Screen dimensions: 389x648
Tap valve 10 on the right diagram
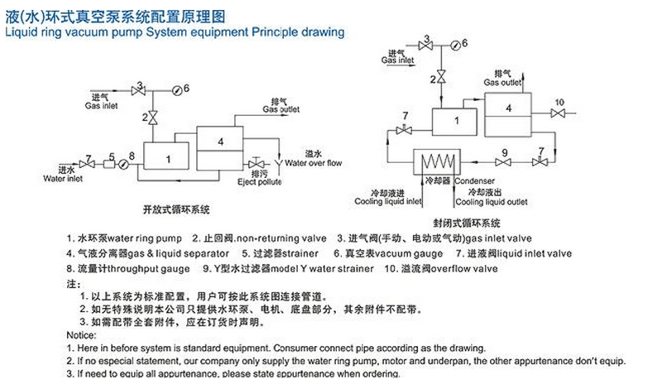(560, 112)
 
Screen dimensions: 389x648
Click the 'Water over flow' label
(313, 163)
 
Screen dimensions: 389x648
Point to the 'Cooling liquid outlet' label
(492, 201)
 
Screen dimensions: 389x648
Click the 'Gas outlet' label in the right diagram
(502, 83)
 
